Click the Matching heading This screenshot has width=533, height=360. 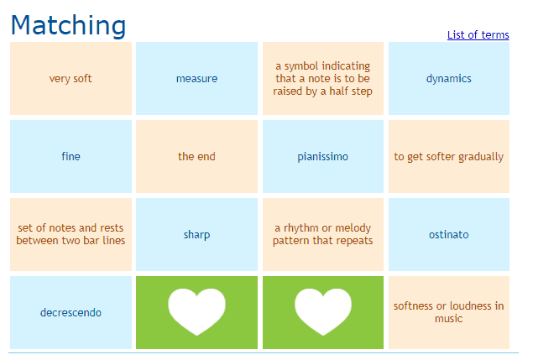[68, 25]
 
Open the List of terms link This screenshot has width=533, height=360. [478, 34]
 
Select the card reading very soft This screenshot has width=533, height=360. [71, 79]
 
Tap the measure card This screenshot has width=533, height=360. [196, 79]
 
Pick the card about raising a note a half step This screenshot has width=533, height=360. [323, 79]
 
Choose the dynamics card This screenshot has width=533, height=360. [449, 79]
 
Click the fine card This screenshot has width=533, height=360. [71, 156]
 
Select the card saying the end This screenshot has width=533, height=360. [196, 156]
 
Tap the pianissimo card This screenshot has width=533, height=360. [323, 156]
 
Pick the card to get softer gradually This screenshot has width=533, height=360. [449, 156]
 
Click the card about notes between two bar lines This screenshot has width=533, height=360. [71, 235]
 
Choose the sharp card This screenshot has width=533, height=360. [196, 235]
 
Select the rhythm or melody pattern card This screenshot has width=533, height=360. [323, 235]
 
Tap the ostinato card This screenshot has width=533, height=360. [449, 235]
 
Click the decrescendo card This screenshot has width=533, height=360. [71, 312]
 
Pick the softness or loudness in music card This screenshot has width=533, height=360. [449, 312]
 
